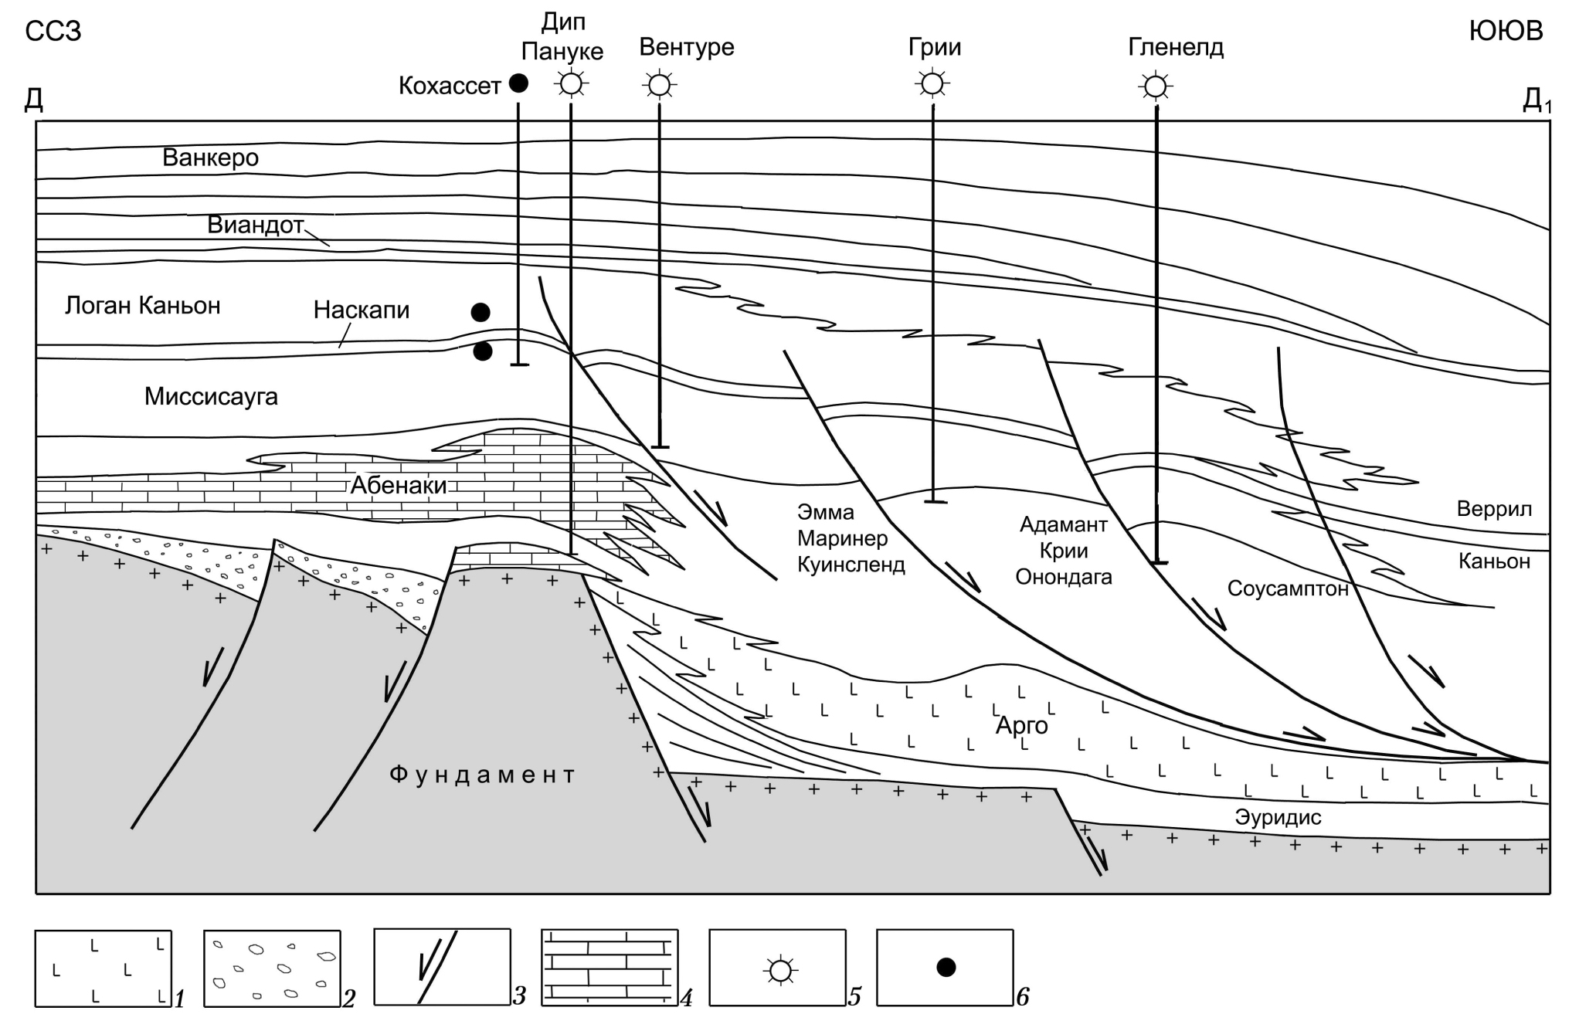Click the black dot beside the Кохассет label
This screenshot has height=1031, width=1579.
(518, 83)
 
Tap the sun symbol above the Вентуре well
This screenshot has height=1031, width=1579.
(659, 84)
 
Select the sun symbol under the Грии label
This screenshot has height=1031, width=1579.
(932, 83)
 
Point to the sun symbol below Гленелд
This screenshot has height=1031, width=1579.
(1156, 86)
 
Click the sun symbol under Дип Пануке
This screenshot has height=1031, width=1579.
(571, 83)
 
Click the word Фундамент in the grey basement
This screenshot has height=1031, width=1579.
(483, 775)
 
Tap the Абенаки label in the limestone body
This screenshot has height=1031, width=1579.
(399, 485)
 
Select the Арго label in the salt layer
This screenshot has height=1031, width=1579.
(1021, 726)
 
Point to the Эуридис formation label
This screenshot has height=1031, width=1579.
(1278, 817)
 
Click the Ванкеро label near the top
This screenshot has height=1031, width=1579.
(210, 158)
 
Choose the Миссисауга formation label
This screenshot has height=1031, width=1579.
(211, 397)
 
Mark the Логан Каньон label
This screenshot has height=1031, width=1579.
(143, 306)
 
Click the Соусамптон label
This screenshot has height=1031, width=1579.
(1288, 589)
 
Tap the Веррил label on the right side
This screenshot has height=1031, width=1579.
(1494, 509)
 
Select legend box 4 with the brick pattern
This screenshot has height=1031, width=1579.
(610, 968)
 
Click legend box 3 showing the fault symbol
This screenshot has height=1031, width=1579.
(442, 968)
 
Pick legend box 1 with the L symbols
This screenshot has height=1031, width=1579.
(103, 968)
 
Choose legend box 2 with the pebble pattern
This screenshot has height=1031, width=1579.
(272, 968)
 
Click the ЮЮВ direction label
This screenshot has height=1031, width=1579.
(1506, 31)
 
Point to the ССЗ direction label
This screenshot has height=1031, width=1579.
(53, 32)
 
